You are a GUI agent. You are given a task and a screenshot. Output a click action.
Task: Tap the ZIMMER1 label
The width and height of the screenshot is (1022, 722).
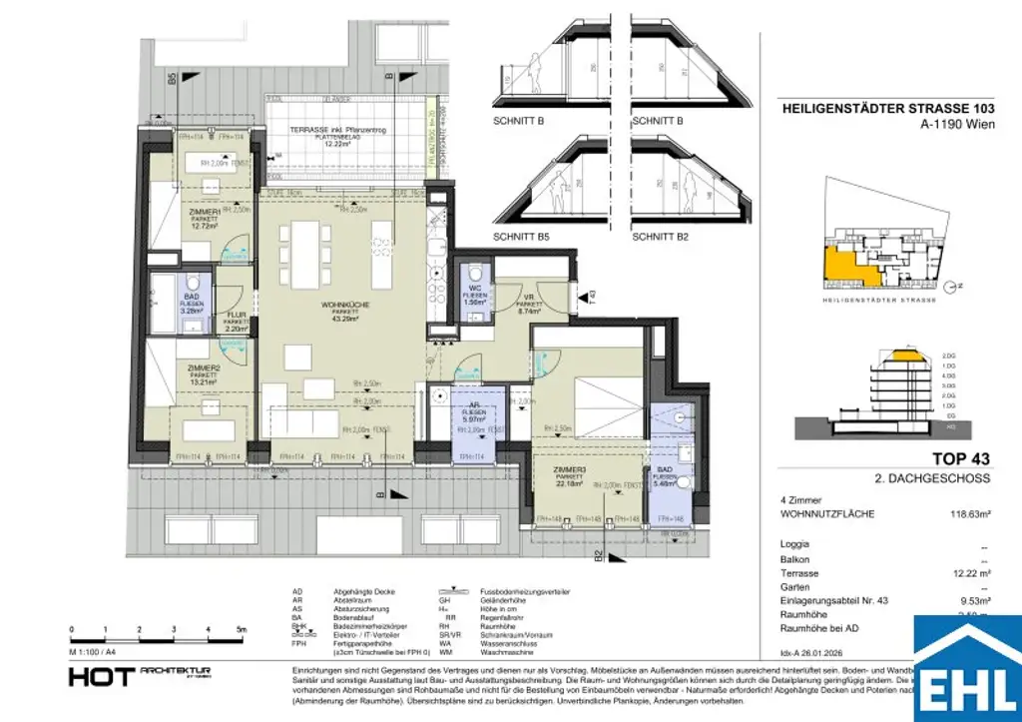click(203, 213)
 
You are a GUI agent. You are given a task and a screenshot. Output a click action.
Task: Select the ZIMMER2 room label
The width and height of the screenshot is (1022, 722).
click(203, 367)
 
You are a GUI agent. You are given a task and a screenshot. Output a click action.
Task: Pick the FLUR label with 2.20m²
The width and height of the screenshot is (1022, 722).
click(235, 316)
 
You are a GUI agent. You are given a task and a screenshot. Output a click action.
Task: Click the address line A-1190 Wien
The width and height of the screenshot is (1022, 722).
click(948, 126)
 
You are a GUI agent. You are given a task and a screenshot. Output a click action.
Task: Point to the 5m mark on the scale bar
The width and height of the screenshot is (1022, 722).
click(243, 630)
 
